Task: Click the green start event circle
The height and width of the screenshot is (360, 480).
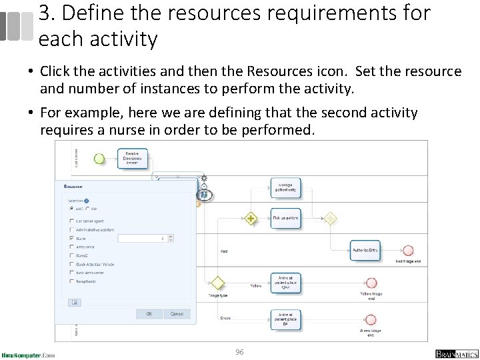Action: [x=99, y=159]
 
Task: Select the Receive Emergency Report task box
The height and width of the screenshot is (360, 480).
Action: [x=132, y=158]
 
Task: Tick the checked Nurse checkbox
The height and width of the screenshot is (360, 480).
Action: [x=72, y=238]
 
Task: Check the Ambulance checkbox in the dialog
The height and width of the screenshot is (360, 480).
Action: [x=72, y=247]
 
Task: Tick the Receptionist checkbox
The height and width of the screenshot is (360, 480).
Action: [x=72, y=281]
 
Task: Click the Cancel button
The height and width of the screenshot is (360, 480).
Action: [x=177, y=313]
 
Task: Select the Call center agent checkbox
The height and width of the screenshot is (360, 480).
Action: [x=72, y=221]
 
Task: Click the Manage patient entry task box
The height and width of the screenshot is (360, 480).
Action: [x=285, y=187]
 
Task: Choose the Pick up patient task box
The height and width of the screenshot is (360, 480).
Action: [x=285, y=218]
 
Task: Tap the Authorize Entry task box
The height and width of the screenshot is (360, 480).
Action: [x=365, y=250]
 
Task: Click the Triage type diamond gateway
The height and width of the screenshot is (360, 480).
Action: [x=217, y=283]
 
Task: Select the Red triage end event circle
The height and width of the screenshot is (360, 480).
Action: [x=406, y=250]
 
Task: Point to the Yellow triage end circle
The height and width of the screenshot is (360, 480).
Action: [x=371, y=283]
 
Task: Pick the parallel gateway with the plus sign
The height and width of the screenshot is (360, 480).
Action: [x=251, y=218]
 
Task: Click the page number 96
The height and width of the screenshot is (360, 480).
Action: [x=239, y=351]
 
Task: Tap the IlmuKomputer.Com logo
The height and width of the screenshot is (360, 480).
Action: [x=28, y=355]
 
